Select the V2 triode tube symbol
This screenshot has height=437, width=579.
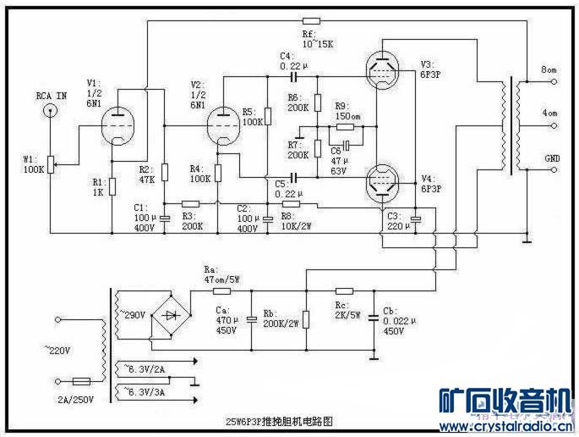pos(221,124)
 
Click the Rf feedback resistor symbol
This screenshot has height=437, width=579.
pos(310,21)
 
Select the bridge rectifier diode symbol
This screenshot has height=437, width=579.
pos(172,313)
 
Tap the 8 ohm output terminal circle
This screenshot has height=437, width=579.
pos(554,82)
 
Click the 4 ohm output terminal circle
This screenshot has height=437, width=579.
pos(554,124)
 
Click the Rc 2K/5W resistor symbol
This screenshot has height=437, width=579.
pos(340,290)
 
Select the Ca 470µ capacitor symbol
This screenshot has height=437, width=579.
pos(252,320)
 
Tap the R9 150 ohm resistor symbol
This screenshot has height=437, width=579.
pos(344,128)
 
